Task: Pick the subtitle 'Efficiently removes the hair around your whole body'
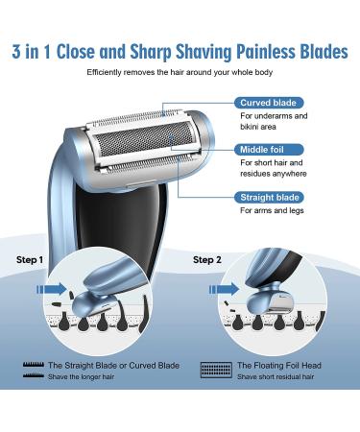pyautogui.click(x=179, y=74)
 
